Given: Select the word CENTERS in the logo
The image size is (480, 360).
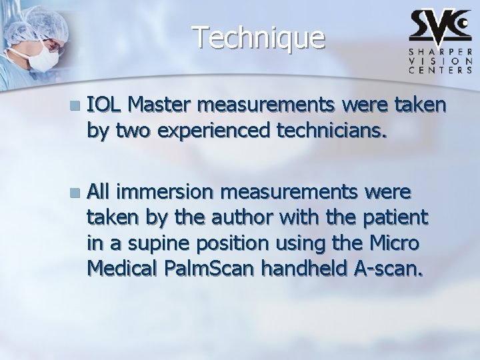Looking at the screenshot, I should (441, 68).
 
